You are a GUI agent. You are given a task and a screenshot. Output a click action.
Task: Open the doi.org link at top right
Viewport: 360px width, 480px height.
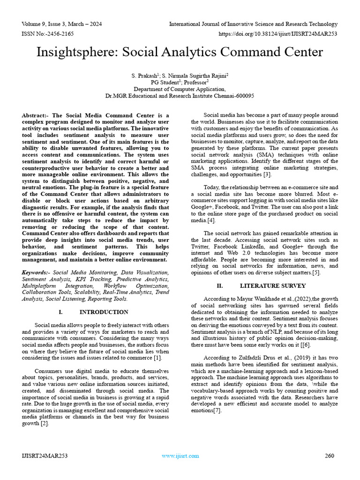278,34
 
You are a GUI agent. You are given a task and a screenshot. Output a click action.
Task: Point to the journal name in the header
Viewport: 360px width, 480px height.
253,24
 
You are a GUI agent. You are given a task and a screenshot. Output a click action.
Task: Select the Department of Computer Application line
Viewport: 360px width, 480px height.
180,89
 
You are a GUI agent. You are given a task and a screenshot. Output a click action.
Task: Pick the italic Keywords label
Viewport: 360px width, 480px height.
36,272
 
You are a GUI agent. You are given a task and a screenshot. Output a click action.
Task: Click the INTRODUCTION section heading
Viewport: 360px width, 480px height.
104,312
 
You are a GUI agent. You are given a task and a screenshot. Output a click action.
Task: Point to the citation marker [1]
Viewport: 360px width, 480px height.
158,358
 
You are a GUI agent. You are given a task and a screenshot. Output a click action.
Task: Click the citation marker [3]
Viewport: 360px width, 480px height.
267,174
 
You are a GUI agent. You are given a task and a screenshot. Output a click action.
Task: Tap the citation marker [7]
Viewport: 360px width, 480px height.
216,411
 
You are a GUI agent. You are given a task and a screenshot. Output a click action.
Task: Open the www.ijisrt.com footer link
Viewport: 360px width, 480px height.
180,456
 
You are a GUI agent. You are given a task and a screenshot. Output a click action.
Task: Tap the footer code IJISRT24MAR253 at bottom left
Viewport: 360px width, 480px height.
45,456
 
